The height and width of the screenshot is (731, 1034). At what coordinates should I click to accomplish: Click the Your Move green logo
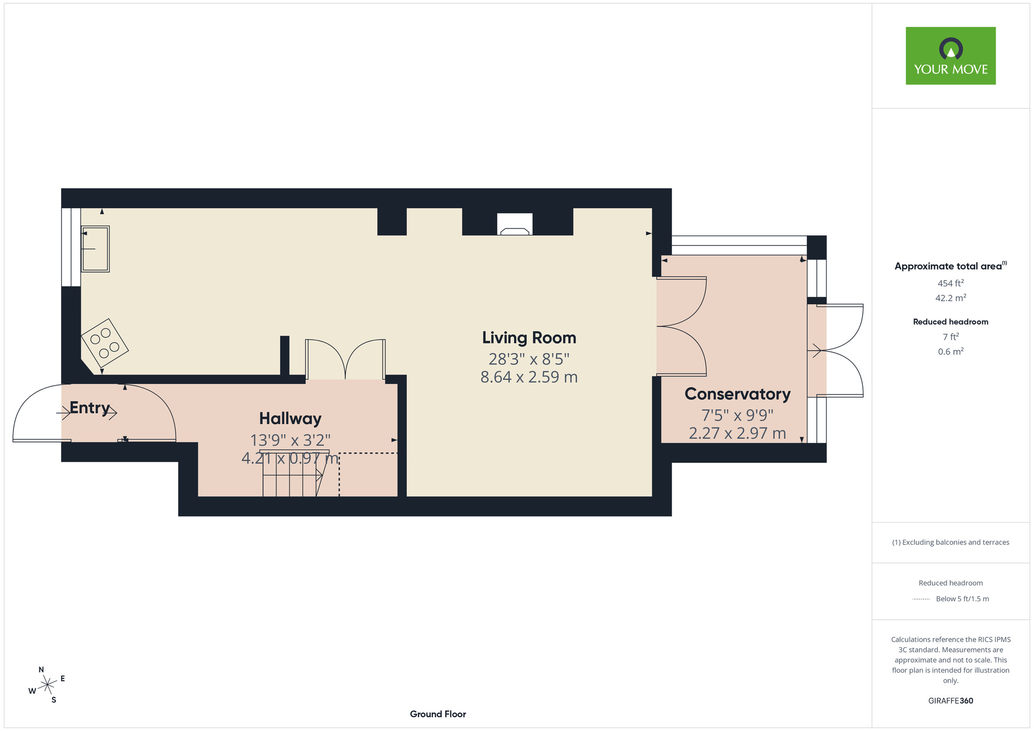tap(950, 56)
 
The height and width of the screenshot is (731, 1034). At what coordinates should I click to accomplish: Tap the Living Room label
tap(529, 338)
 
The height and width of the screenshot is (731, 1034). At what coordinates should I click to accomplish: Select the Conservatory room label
tap(737, 394)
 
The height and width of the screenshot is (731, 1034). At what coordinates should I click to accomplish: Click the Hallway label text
tap(290, 418)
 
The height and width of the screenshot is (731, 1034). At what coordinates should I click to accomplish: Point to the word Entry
tap(89, 407)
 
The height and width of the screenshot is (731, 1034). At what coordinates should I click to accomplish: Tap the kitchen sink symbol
tap(96, 249)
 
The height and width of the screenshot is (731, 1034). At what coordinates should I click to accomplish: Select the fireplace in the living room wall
tap(514, 224)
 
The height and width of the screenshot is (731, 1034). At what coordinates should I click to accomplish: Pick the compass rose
tap(48, 685)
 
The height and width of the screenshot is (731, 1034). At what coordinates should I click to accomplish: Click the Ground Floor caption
tap(438, 714)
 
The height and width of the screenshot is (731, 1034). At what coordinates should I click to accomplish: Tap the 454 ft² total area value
tap(950, 283)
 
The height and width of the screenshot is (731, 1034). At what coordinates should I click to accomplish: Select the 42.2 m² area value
tap(950, 298)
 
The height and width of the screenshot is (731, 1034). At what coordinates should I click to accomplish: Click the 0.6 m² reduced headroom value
tap(950, 352)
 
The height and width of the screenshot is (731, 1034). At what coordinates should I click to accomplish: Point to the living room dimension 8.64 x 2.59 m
tap(529, 377)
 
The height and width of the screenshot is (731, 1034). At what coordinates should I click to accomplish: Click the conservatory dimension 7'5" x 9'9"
tap(737, 415)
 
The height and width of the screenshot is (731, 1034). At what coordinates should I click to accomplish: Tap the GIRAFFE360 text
tap(950, 701)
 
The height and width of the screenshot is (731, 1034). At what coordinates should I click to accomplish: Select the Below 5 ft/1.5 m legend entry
tap(962, 599)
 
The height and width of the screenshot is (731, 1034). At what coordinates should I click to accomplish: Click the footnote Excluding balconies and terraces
tap(950, 542)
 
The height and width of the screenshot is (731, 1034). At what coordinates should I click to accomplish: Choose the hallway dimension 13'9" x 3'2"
tap(290, 440)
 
